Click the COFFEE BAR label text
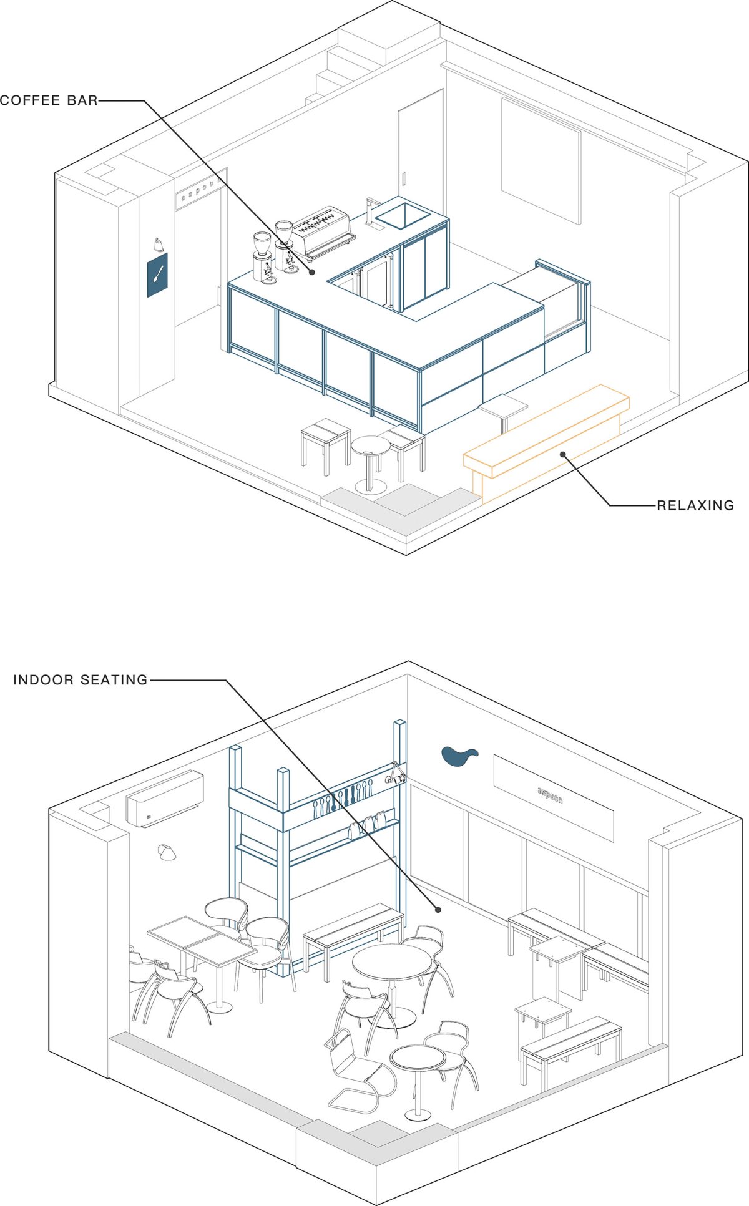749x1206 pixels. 49,100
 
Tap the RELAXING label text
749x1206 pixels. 695,505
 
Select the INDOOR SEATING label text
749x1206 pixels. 81,680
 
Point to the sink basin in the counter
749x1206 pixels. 403,213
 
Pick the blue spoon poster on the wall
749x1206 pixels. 157,275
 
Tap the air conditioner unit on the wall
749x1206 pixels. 165,799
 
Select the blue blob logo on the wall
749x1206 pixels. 459,756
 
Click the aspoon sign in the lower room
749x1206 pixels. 554,798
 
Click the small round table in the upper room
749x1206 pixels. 370,462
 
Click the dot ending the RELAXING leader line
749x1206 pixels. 562,454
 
